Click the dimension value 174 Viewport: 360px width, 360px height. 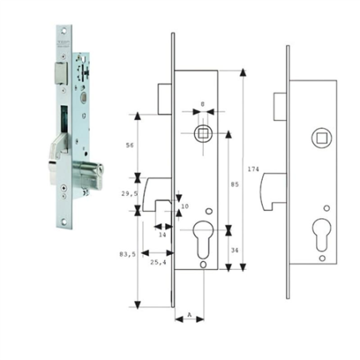[x=254, y=170]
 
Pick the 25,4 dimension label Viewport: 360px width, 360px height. [x=158, y=261]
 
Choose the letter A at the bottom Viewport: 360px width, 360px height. [x=189, y=315]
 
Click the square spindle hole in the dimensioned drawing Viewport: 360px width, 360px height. [x=202, y=130]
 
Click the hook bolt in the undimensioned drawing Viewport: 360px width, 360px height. [x=273, y=191]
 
